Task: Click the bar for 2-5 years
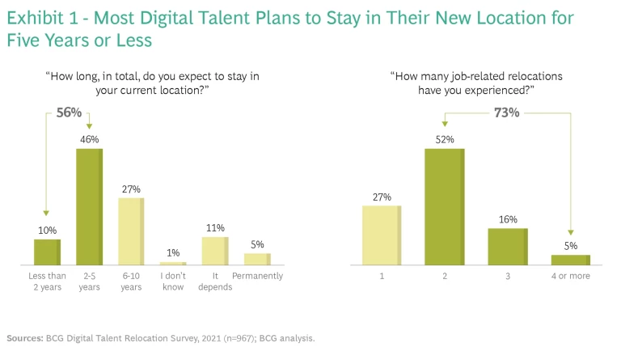(x=89, y=206)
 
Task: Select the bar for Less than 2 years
(x=47, y=252)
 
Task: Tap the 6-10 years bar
(x=131, y=231)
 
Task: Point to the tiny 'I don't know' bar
(x=173, y=263)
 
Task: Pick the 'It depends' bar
(x=215, y=251)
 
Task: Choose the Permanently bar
(x=257, y=259)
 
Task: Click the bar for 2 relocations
(x=445, y=207)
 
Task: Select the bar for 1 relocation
(x=382, y=235)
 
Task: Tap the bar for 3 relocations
(x=509, y=246)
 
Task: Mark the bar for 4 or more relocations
(x=571, y=260)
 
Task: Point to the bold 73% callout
(x=507, y=112)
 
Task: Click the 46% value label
(x=89, y=139)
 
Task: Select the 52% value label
(x=445, y=139)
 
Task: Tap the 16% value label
(x=509, y=218)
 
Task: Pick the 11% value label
(x=215, y=227)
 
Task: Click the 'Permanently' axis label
(x=258, y=277)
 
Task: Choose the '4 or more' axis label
(x=571, y=277)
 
